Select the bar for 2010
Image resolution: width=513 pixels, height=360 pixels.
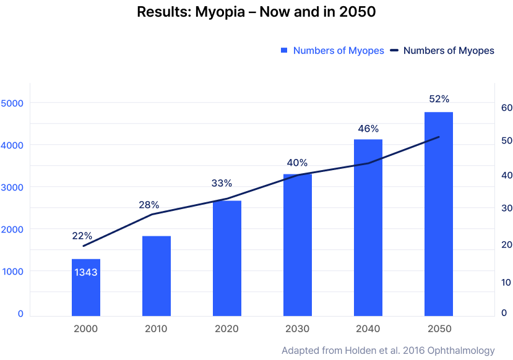click(x=156, y=275)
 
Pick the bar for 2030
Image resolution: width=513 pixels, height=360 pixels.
click(x=298, y=244)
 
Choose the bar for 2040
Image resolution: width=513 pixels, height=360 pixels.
click(x=368, y=227)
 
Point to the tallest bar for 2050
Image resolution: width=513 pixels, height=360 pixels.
click(x=439, y=213)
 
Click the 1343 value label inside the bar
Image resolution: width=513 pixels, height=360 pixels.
click(x=85, y=272)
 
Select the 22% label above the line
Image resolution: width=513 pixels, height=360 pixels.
click(x=82, y=236)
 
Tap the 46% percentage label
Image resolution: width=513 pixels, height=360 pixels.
click(x=368, y=129)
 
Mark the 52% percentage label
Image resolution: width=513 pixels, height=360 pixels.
click(x=439, y=99)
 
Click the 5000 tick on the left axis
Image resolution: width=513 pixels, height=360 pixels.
click(x=12, y=103)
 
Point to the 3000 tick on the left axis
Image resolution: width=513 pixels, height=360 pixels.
click(x=12, y=187)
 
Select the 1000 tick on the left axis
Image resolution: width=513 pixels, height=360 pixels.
click(x=12, y=272)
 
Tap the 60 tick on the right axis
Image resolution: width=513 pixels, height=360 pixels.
click(x=506, y=108)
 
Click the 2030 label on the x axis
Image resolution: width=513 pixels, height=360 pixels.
click(x=298, y=328)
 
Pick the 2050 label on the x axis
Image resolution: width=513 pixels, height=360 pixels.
click(x=439, y=328)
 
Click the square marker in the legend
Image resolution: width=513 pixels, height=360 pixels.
click(x=284, y=51)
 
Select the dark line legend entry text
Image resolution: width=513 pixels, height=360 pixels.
click(x=449, y=51)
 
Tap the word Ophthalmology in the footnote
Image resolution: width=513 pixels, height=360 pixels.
click(x=462, y=351)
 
